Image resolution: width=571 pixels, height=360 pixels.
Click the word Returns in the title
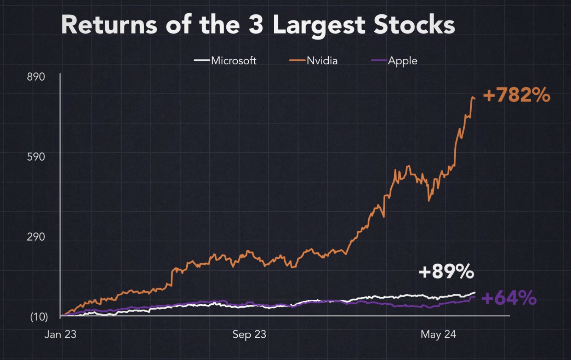[x=109, y=25]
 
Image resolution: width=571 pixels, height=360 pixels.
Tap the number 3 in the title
[x=256, y=25]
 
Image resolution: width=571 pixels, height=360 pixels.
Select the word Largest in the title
[x=319, y=25]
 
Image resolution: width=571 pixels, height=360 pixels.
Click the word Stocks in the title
[x=414, y=25]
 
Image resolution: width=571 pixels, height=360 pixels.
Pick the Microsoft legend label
[x=234, y=61]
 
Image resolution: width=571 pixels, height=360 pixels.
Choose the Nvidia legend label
[x=322, y=61]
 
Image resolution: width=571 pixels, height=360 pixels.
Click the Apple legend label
[x=402, y=61]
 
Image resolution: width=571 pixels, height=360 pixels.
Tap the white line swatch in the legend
[x=202, y=61]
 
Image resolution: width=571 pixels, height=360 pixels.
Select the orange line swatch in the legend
[x=297, y=61]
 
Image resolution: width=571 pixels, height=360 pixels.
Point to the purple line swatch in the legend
[x=379, y=61]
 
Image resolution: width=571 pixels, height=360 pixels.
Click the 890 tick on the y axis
[x=36, y=77]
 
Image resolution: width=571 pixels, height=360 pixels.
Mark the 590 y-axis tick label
[x=36, y=157]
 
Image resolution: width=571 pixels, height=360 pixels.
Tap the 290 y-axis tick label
[x=36, y=237]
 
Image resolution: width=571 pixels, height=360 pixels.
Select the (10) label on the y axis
[x=39, y=317]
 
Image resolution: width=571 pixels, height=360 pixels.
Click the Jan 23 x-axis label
[x=60, y=334]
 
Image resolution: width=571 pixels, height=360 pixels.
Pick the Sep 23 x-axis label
[x=249, y=334]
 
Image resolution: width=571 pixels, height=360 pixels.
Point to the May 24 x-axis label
[x=438, y=334]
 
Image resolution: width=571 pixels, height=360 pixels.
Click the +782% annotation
[x=516, y=95]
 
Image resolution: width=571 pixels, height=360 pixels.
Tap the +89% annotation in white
[x=446, y=271]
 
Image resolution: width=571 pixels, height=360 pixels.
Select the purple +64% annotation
[x=509, y=298]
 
